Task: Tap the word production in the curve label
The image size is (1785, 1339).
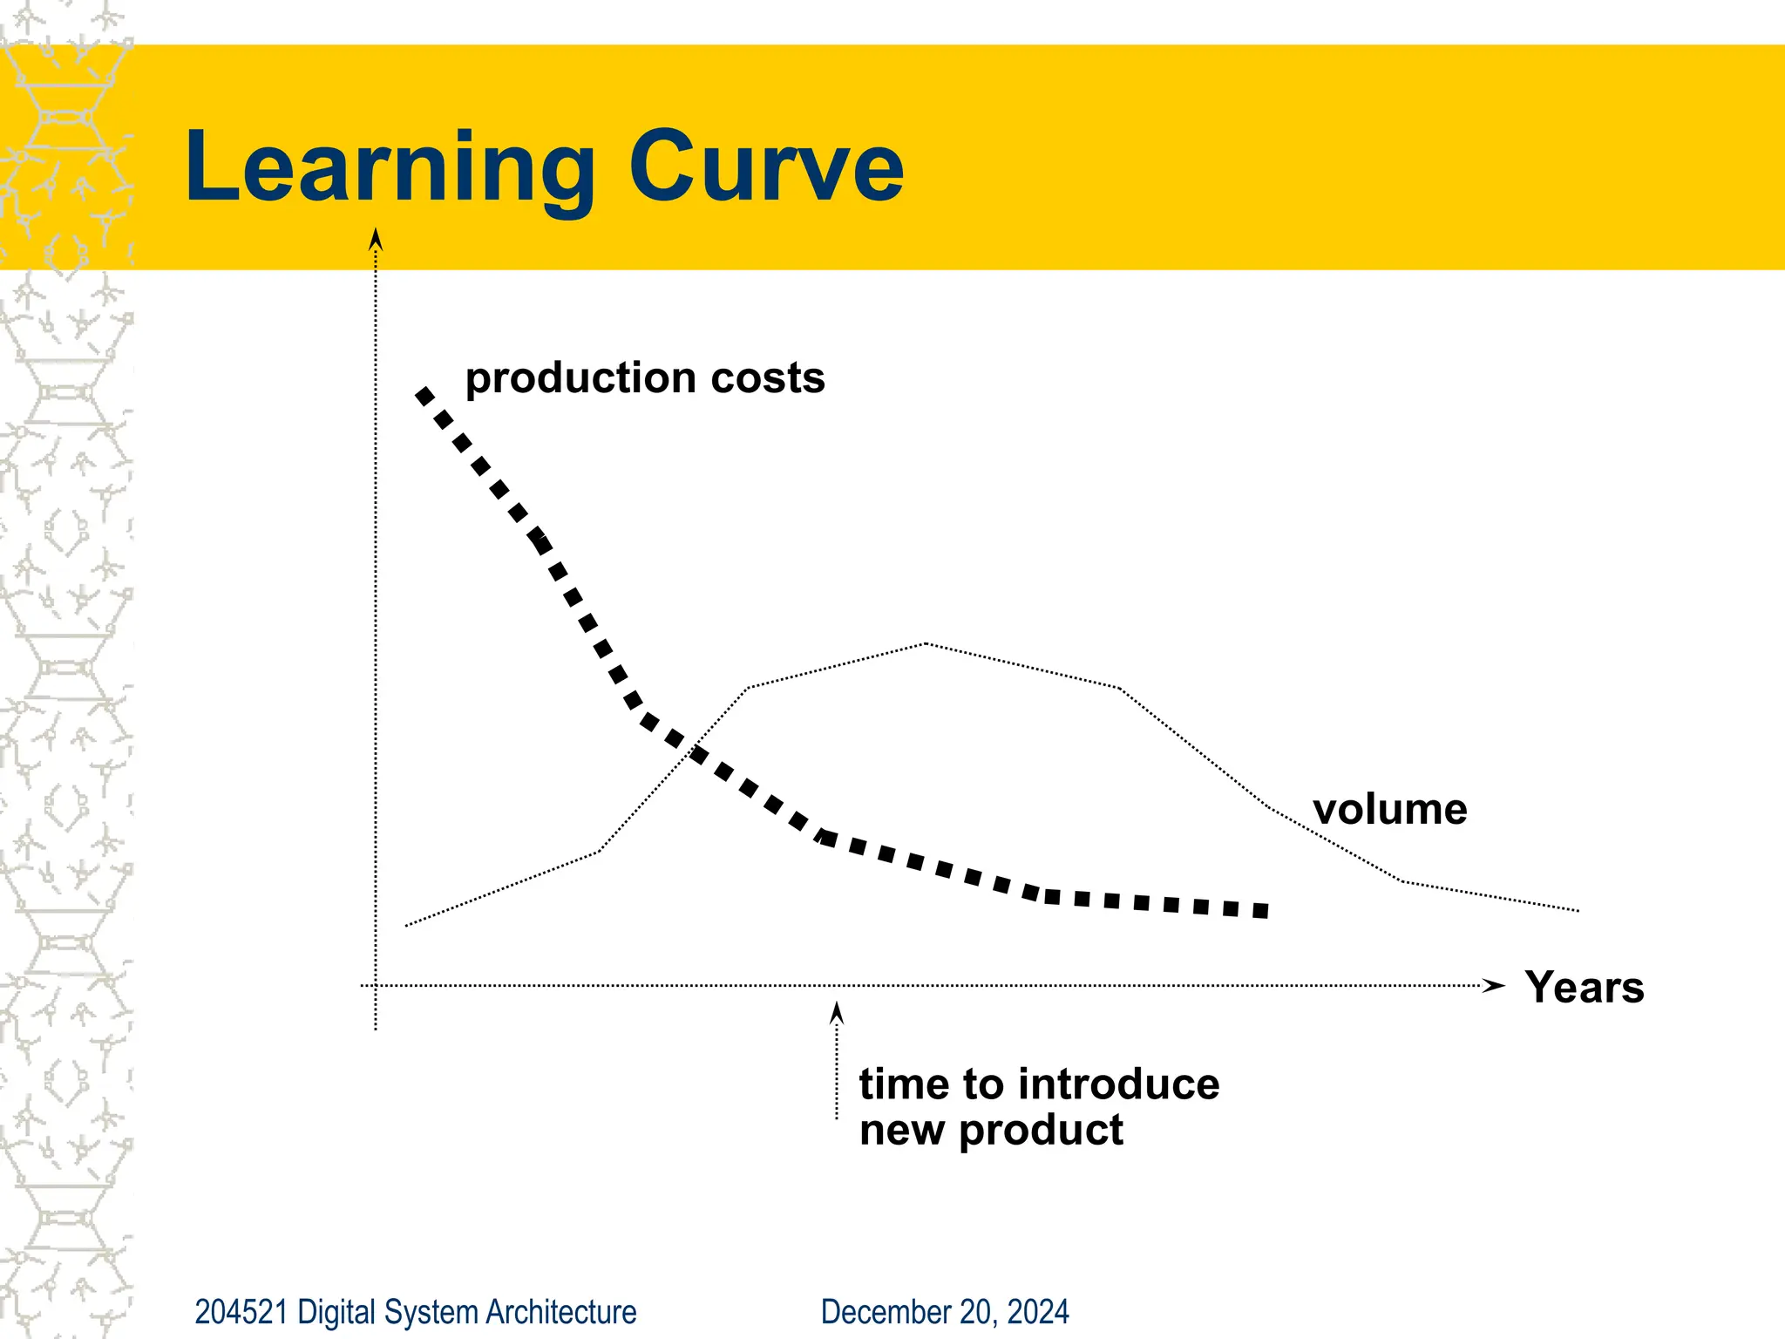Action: tap(580, 378)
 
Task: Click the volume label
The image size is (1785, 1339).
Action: tap(1390, 809)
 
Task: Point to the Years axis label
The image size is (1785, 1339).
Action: tap(1584, 988)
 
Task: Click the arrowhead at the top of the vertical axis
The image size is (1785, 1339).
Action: tap(376, 239)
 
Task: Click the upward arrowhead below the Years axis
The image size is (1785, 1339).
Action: tap(837, 1013)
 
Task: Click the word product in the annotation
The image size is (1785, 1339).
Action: tap(1041, 1131)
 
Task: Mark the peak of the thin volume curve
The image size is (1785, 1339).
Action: tap(926, 643)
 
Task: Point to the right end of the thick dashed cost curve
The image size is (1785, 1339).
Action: tap(1261, 911)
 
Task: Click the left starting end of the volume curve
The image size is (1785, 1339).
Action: tap(408, 925)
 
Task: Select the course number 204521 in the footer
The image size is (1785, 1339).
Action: tap(241, 1312)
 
